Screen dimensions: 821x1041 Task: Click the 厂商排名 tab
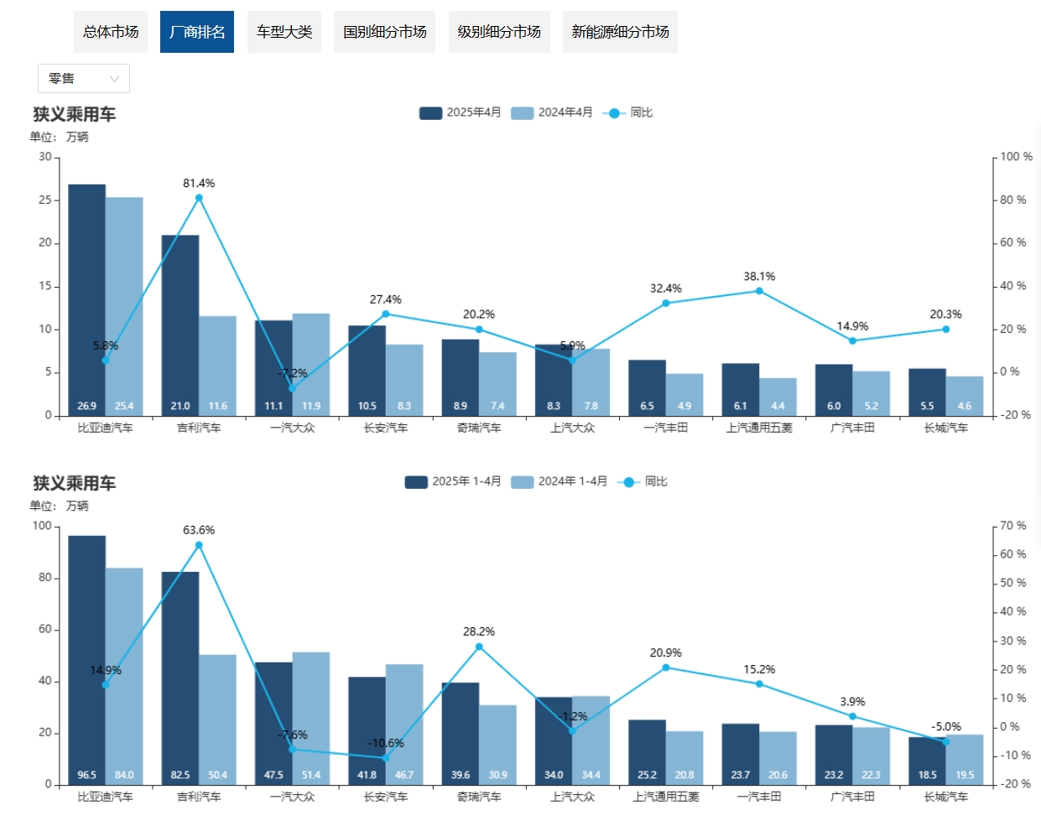click(197, 32)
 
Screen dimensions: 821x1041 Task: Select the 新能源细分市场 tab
click(620, 32)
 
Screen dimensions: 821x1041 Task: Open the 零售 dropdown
click(84, 79)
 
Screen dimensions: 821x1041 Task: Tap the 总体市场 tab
click(111, 32)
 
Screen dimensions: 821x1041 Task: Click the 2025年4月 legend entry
click(461, 112)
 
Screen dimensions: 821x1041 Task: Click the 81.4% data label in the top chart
click(199, 183)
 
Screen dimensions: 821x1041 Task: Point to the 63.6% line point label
click(199, 530)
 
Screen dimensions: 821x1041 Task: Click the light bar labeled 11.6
click(217, 365)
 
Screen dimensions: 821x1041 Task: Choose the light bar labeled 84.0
click(124, 675)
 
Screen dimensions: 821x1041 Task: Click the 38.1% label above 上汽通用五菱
click(759, 276)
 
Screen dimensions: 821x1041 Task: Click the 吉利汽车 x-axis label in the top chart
click(199, 428)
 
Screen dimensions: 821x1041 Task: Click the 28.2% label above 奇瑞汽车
click(479, 631)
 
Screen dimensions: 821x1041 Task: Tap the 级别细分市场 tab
click(499, 32)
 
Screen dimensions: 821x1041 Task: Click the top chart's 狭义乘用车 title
click(75, 114)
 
